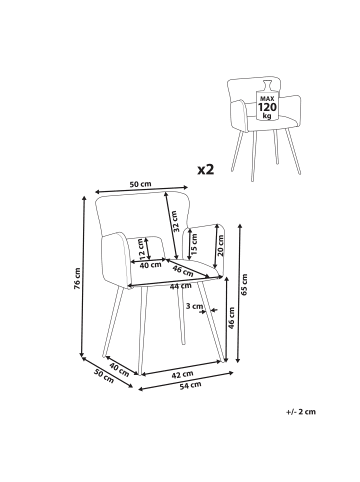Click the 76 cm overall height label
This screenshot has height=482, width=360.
77,278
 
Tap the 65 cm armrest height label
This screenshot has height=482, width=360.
244,285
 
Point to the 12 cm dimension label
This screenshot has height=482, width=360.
143,249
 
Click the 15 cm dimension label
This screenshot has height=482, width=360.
194,244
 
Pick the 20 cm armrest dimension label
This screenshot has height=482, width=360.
220,245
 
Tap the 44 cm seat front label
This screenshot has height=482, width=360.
181,286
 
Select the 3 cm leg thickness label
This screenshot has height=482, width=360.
194,306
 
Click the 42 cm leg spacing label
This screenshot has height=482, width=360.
182,375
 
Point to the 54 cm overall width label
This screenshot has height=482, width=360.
190,385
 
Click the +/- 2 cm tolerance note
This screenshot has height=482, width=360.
301,412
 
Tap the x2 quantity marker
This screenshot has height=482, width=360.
205,169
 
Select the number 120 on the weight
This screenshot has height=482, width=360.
267,107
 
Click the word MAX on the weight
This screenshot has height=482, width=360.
267,99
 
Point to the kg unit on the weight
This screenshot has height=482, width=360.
267,116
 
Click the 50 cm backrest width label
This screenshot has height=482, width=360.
140,184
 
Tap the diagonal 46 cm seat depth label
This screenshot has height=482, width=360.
183,270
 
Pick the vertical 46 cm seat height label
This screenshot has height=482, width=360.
232,318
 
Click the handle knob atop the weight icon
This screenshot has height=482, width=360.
268,85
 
